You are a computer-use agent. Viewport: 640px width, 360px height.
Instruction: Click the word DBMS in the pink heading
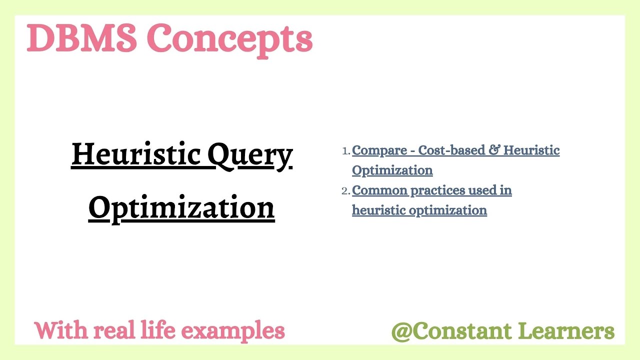click(81, 38)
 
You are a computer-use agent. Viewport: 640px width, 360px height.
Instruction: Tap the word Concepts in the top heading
click(229, 39)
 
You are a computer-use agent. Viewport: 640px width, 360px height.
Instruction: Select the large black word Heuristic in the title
click(136, 154)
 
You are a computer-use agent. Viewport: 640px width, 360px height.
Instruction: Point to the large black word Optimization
click(181, 207)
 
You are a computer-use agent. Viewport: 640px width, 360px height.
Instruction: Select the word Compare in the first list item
click(379, 150)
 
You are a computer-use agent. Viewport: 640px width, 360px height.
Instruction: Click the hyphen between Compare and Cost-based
click(412, 151)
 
